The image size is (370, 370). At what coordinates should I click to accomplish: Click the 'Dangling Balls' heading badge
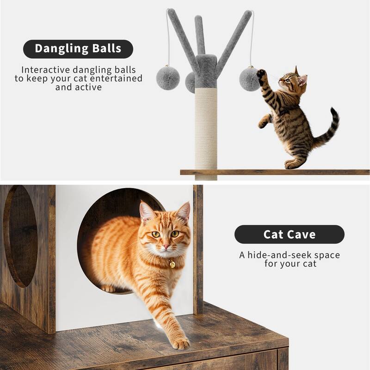78,49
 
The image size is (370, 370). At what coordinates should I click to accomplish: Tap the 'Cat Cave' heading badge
289,234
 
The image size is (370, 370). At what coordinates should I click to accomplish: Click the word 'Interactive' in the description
46,70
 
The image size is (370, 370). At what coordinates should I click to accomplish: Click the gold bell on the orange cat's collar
172,264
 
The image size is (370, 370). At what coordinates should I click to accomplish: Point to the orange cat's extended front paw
181,343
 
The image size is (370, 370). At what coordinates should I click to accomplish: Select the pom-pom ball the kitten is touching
249,79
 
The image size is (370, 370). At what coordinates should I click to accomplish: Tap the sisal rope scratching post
206,129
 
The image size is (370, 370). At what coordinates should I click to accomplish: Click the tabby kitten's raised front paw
261,74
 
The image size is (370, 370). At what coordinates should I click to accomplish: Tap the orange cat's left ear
147,212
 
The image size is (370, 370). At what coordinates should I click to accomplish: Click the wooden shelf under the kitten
277,172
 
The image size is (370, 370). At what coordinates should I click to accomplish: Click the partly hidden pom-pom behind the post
190,82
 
